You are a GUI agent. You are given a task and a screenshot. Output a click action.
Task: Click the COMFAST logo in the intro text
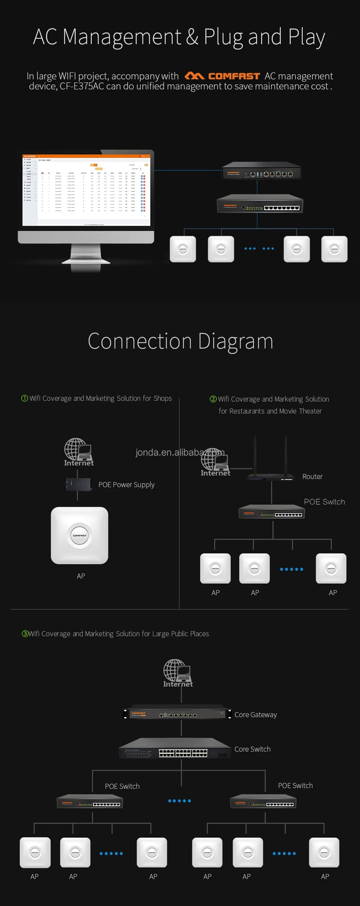click(222, 76)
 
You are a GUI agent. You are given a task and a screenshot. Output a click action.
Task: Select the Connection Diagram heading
click(180, 341)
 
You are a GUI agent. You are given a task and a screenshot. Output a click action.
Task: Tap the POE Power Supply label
click(126, 485)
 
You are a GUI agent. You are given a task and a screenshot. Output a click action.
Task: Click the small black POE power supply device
click(78, 484)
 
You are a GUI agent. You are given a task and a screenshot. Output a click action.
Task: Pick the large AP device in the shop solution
click(79, 535)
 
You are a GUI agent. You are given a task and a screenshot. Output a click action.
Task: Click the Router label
click(312, 476)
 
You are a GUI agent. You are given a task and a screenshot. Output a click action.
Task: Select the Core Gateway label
click(255, 715)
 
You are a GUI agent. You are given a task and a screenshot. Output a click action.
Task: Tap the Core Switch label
click(252, 749)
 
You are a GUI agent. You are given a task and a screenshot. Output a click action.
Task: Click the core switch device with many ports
click(175, 749)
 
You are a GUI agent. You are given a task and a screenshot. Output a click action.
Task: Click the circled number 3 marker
click(25, 634)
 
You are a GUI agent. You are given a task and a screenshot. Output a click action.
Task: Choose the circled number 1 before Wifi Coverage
click(25, 398)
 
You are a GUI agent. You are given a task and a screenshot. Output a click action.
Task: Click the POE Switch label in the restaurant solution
click(324, 502)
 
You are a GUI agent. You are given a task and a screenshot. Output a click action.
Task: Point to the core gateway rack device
click(177, 714)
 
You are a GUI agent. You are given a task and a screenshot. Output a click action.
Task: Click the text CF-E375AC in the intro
click(82, 87)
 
